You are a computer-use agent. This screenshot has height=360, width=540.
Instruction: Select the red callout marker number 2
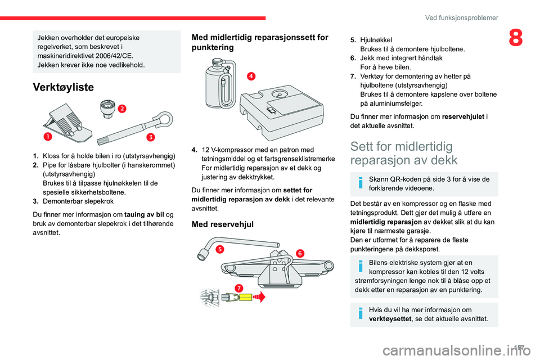pos(121,109)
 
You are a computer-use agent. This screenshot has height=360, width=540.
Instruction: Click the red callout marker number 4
pos(250,76)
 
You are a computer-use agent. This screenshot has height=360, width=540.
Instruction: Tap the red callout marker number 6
pos(300,253)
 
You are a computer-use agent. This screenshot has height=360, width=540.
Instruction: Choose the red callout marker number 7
pos(239,288)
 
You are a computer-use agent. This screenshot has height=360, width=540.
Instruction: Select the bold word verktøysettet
pos(391,318)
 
